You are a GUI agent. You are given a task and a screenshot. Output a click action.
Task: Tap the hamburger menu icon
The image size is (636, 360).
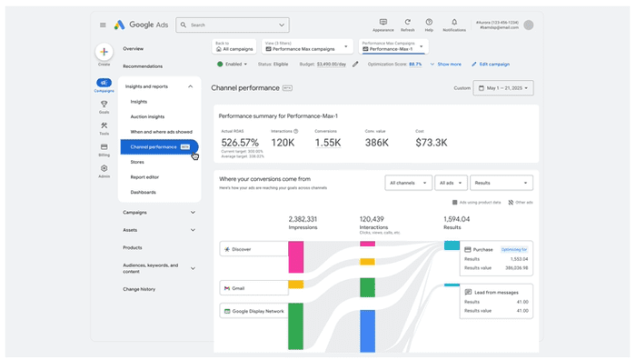103,25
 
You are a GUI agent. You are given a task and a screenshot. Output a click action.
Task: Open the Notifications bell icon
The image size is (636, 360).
454,22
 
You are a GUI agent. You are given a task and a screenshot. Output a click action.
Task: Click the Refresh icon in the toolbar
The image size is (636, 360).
408,22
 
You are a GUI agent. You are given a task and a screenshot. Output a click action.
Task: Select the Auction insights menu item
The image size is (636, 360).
147,116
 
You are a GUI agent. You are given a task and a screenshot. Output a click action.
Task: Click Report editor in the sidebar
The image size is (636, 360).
145,177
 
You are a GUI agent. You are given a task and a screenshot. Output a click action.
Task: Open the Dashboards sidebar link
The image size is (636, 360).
143,192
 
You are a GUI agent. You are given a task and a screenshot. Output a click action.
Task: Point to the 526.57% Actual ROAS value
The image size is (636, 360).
240,143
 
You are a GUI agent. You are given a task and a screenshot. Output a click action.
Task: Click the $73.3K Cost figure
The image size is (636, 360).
432,143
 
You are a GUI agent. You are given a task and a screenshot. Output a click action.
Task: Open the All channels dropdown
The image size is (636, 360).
407,183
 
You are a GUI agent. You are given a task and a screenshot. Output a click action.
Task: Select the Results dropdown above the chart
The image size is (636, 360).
501,183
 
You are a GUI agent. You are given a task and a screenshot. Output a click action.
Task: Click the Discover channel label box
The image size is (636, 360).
240,248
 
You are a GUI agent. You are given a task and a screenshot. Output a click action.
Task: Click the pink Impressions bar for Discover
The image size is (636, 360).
295,257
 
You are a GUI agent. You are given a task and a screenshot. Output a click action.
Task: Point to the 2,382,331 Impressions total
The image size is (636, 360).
303,219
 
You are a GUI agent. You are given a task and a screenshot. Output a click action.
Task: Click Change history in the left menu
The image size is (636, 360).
139,289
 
